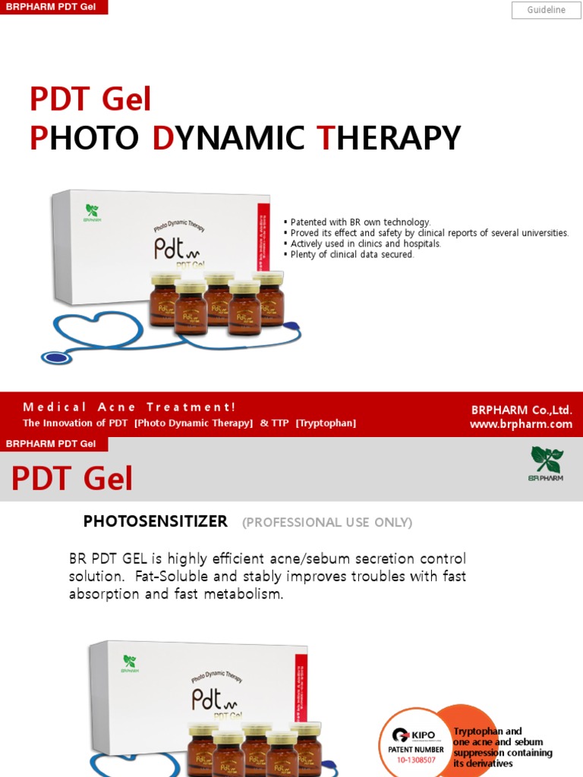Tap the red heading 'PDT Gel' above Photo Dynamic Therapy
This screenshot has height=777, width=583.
point(90,99)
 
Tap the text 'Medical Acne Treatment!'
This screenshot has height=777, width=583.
point(129,407)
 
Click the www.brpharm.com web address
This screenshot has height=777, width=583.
point(521,424)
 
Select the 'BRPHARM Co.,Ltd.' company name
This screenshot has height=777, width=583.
point(522,410)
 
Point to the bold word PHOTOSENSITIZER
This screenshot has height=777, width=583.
point(155,521)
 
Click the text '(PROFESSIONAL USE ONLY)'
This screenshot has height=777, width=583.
point(327,522)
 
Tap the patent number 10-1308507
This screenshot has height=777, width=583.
point(417,760)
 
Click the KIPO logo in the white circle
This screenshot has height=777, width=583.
point(414,735)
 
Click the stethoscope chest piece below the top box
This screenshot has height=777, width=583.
point(56,357)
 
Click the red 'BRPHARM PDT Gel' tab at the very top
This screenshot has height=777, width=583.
point(53,8)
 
